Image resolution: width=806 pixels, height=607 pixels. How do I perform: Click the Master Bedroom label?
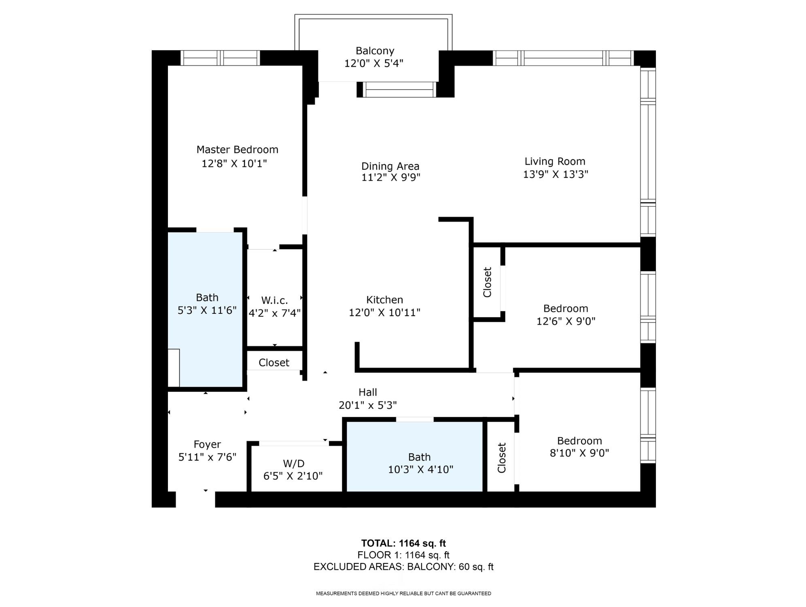(237, 150)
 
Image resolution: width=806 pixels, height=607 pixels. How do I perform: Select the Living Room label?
(555, 161)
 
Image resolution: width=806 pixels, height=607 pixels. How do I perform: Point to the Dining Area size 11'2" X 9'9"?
(390, 178)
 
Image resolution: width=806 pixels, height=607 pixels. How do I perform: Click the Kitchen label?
(384, 300)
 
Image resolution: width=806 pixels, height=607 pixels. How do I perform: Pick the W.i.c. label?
(274, 300)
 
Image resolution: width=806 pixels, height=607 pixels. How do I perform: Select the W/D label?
(293, 463)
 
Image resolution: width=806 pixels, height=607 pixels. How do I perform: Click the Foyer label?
(207, 444)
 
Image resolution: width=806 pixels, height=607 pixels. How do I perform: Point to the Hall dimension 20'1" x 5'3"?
(367, 405)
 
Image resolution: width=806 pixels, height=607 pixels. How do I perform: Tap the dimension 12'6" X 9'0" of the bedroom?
(566, 321)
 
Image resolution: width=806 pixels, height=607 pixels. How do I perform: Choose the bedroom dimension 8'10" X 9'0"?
(579, 453)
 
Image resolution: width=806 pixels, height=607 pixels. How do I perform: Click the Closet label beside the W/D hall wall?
(274, 363)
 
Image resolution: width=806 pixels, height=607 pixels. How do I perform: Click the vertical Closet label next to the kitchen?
(487, 282)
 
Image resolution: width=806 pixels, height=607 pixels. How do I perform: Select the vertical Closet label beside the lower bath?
(501, 458)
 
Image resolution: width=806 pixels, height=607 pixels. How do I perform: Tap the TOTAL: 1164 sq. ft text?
(403, 543)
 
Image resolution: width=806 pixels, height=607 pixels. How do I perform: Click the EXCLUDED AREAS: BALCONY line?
(403, 567)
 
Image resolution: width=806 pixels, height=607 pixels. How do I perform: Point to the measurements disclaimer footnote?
(403, 594)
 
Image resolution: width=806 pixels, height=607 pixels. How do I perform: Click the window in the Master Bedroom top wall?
(220, 58)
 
